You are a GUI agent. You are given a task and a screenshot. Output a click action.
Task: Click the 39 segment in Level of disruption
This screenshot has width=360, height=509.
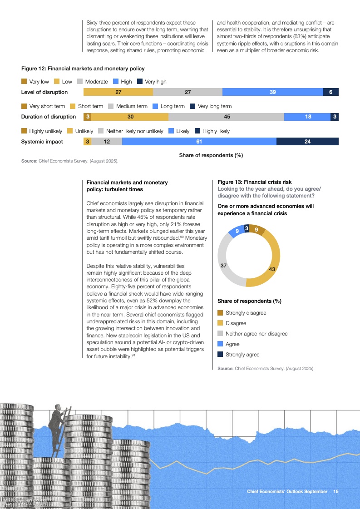click(272, 92)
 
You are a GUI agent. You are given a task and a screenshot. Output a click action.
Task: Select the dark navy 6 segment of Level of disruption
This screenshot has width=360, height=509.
click(330, 92)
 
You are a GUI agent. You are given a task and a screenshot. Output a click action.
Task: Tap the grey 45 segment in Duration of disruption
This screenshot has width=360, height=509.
click(227, 117)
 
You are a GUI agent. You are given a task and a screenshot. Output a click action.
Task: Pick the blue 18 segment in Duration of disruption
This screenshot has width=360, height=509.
click(308, 117)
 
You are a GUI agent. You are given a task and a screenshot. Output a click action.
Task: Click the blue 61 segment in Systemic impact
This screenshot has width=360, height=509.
click(199, 142)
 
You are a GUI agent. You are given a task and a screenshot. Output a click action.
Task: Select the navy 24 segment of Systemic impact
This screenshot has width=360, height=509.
click(307, 142)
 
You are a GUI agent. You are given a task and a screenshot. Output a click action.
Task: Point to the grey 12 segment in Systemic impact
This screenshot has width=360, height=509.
click(107, 142)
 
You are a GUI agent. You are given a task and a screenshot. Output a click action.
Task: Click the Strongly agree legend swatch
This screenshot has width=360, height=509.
click(220, 355)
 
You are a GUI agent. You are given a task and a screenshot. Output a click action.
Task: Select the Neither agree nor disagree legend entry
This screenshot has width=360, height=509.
click(256, 334)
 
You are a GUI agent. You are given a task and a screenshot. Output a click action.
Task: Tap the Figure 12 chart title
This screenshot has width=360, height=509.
click(83, 69)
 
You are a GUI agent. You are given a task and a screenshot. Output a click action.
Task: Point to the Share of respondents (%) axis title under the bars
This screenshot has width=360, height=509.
click(211, 155)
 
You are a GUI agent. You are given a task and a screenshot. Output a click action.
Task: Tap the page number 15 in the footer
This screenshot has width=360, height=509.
click(336, 492)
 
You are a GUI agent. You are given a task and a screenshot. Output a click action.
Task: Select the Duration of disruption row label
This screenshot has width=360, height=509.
click(49, 117)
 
